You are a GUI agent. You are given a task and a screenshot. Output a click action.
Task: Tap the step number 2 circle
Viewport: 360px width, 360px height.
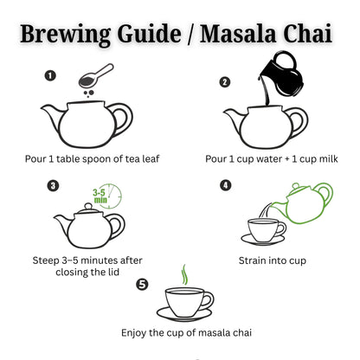[225, 82]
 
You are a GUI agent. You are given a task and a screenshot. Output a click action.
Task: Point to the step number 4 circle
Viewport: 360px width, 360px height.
[226, 185]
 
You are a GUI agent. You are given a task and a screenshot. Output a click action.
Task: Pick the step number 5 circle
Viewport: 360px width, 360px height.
[142, 283]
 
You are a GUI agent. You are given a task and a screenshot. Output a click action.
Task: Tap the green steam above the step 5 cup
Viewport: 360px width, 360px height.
[183, 275]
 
